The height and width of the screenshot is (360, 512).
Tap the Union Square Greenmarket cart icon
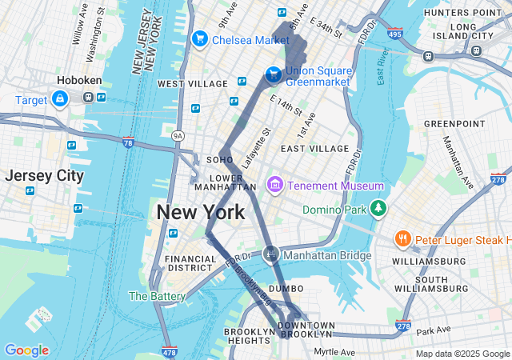pyautogui.click(x=274, y=74)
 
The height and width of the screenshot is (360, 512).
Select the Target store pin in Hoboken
pyautogui.click(x=60, y=98)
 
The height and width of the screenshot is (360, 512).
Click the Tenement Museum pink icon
pyautogui.click(x=275, y=186)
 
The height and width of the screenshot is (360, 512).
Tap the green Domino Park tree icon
pyautogui.click(x=378, y=210)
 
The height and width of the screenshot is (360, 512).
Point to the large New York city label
pyautogui.click(x=200, y=212)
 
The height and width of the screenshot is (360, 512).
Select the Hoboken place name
pyautogui.click(x=77, y=80)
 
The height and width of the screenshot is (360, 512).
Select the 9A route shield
pyautogui.click(x=178, y=135)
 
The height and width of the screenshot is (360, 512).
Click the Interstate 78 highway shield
pyautogui.click(x=128, y=142)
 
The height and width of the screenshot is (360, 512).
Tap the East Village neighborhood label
pyautogui.click(x=314, y=148)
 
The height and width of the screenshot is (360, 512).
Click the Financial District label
pyautogui.click(x=190, y=264)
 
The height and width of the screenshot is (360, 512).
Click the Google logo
pyautogui.click(x=26, y=350)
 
